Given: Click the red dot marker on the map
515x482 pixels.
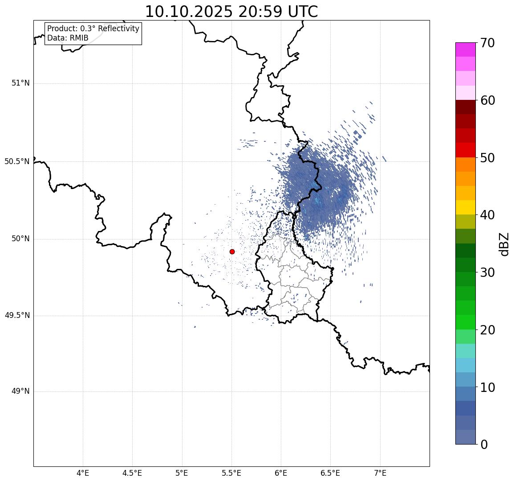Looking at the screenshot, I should (232, 251).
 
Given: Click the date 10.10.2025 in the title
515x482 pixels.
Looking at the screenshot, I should (189, 12).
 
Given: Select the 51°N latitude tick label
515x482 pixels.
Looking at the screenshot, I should (20, 83).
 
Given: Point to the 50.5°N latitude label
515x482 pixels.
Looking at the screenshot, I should (17, 161).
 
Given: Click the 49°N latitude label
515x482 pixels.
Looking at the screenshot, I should (20, 391).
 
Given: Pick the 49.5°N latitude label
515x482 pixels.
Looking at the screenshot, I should (17, 316).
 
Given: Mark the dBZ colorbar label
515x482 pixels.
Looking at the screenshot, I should (504, 244).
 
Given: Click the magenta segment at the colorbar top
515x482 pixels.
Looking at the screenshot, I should (465, 49).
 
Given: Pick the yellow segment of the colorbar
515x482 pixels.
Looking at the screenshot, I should (465, 207).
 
